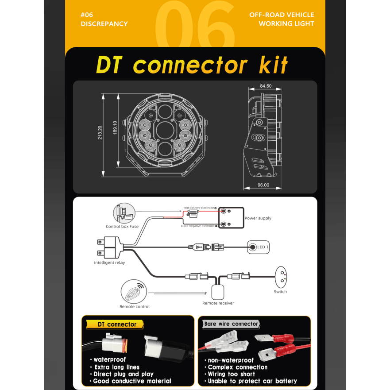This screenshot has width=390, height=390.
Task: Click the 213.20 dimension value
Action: (100, 133)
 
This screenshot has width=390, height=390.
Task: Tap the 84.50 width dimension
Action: (266, 86)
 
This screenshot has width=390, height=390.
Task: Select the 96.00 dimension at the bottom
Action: (263, 185)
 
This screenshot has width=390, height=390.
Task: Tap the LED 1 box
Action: (258, 247)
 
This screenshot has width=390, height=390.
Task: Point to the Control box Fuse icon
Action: (123, 213)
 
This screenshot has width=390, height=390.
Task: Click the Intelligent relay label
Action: (109, 263)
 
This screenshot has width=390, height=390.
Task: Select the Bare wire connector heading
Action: (231, 324)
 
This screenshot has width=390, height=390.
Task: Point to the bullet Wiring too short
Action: (231, 374)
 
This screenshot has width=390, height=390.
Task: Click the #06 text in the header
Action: (87, 15)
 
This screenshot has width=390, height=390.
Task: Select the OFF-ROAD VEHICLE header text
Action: (282, 15)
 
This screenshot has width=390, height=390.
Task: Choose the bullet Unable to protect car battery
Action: (252, 381)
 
